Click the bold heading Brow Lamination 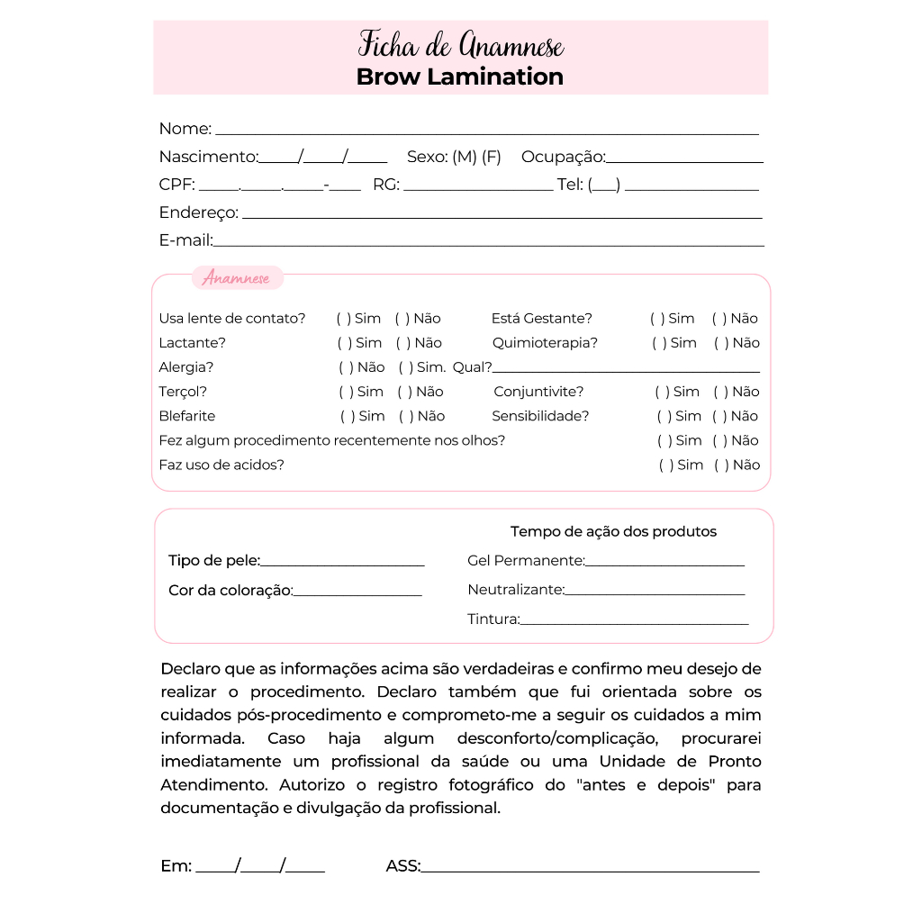[x=459, y=77]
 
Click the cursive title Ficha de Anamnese [x=461, y=44]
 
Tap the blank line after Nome [x=486, y=132]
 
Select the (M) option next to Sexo [x=465, y=157]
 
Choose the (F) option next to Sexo [x=492, y=157]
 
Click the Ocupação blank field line [x=684, y=161]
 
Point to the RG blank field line [x=477, y=189]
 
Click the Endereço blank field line [x=502, y=216]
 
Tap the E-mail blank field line [x=489, y=244]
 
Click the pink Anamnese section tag [x=237, y=278]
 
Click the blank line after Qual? [x=626, y=371]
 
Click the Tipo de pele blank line [x=342, y=565]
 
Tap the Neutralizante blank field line [x=655, y=594]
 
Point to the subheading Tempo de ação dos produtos [x=613, y=532]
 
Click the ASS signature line [x=590, y=871]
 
